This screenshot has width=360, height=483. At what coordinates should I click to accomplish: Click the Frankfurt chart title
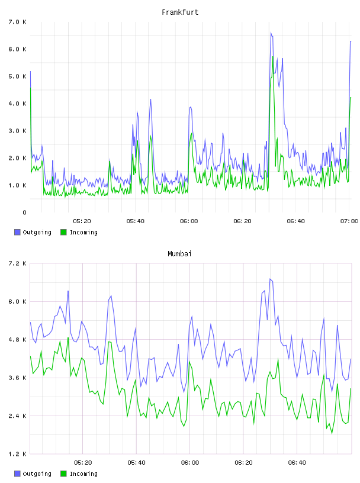[x=180, y=12]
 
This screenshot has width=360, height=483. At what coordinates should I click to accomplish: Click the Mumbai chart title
[x=179, y=254]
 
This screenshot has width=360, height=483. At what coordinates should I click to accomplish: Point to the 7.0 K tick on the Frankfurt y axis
[x=18, y=22]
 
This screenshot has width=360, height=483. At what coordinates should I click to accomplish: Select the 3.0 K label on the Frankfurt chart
[x=18, y=131]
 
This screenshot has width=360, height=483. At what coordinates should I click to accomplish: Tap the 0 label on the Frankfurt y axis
[x=24, y=212]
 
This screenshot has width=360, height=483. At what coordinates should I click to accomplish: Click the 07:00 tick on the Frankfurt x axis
[x=349, y=221]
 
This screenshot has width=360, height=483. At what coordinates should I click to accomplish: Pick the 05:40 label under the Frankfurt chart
[x=136, y=221]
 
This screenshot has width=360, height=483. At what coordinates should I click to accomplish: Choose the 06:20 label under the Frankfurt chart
[x=242, y=221]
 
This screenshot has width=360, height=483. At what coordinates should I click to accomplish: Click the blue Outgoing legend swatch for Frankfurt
[x=17, y=232]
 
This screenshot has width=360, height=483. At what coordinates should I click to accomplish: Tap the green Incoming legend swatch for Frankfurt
[x=63, y=232]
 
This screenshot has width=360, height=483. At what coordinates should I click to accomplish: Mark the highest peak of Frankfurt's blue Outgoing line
[x=271, y=33]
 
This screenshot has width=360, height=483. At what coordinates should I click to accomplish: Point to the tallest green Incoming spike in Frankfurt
[x=273, y=57]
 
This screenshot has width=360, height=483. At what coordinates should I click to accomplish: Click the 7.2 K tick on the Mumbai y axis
[x=18, y=263]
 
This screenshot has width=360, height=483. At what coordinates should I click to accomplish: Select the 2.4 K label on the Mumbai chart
[x=18, y=416]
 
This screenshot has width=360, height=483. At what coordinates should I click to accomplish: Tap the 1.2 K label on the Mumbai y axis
[x=18, y=454]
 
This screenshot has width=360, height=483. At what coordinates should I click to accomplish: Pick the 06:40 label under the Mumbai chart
[x=297, y=463]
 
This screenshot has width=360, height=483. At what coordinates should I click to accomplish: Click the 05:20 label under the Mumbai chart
[x=83, y=463]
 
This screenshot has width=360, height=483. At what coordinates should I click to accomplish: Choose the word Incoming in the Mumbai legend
[x=83, y=474]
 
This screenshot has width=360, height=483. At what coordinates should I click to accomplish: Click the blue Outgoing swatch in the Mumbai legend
[x=17, y=474]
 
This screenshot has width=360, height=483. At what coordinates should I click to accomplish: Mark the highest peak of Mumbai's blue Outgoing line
[x=270, y=279]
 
